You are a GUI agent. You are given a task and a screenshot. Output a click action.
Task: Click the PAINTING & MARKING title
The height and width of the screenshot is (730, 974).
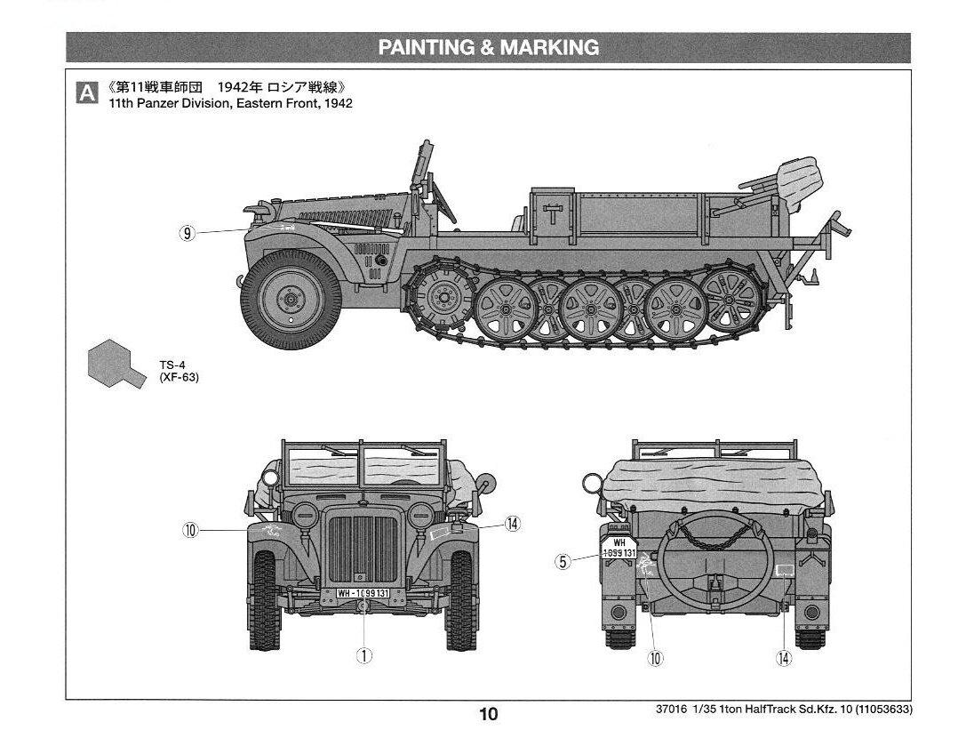pyautogui.click(x=488, y=48)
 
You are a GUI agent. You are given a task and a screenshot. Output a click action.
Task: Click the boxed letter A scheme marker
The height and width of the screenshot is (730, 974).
pyautogui.click(x=86, y=93)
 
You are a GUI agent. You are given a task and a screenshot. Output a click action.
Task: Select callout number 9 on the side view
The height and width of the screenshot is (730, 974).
pyautogui.click(x=187, y=233)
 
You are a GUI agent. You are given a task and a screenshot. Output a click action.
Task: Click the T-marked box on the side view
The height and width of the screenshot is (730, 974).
pyautogui.click(x=552, y=212)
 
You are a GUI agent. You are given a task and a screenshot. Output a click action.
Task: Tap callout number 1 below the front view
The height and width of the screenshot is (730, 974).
pyautogui.click(x=363, y=655)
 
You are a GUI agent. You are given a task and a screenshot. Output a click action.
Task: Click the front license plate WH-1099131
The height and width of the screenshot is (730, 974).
pyautogui.click(x=363, y=593)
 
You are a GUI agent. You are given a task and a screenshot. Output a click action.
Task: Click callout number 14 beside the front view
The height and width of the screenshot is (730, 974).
pyautogui.click(x=512, y=524)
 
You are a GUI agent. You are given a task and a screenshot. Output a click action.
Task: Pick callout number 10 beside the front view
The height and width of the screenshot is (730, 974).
pyautogui.click(x=190, y=531)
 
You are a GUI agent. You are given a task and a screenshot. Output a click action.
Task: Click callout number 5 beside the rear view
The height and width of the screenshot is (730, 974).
pyautogui.click(x=563, y=561)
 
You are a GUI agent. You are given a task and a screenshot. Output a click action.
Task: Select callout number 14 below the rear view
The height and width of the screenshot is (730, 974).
pyautogui.click(x=783, y=658)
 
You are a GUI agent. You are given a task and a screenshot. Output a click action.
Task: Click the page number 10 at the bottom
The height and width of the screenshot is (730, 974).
pyautogui.click(x=488, y=714)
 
